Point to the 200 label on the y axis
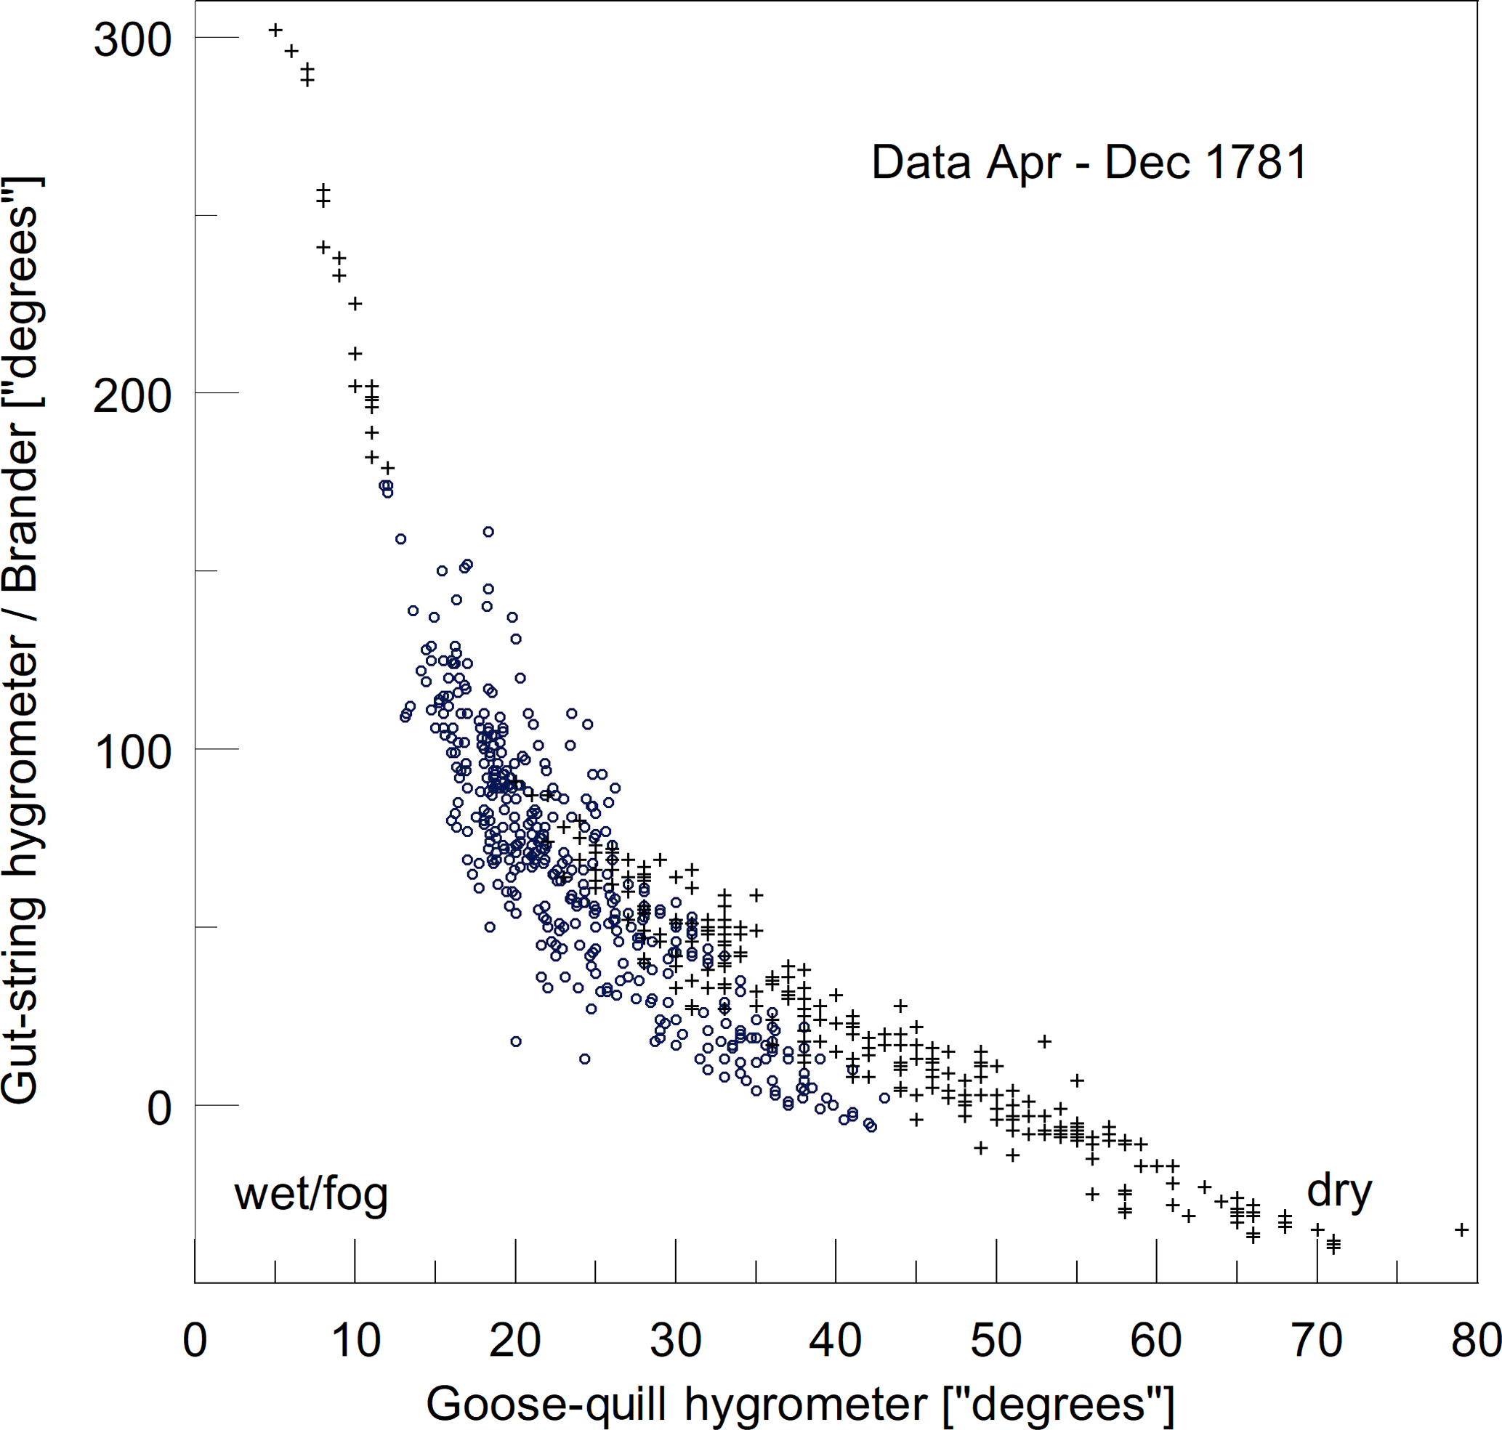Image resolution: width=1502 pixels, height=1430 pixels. tap(132, 397)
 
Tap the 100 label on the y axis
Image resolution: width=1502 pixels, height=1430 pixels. tap(132, 752)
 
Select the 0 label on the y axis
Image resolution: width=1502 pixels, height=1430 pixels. tap(159, 1108)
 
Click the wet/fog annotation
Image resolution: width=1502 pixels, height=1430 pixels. tap(311, 1195)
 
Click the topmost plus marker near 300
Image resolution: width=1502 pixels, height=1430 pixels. tap(275, 30)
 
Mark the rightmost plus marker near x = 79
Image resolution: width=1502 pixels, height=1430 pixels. tap(1461, 1229)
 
